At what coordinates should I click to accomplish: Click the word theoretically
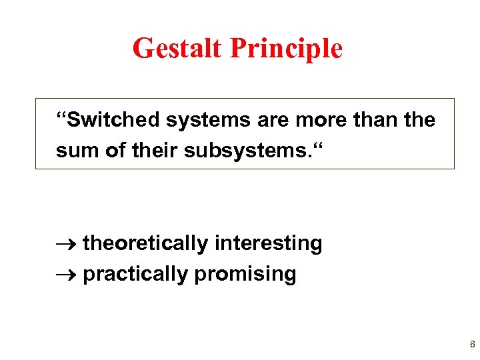click(145, 244)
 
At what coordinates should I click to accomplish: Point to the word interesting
click(268, 244)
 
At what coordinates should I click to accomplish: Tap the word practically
click(135, 274)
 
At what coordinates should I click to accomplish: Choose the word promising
click(245, 274)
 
